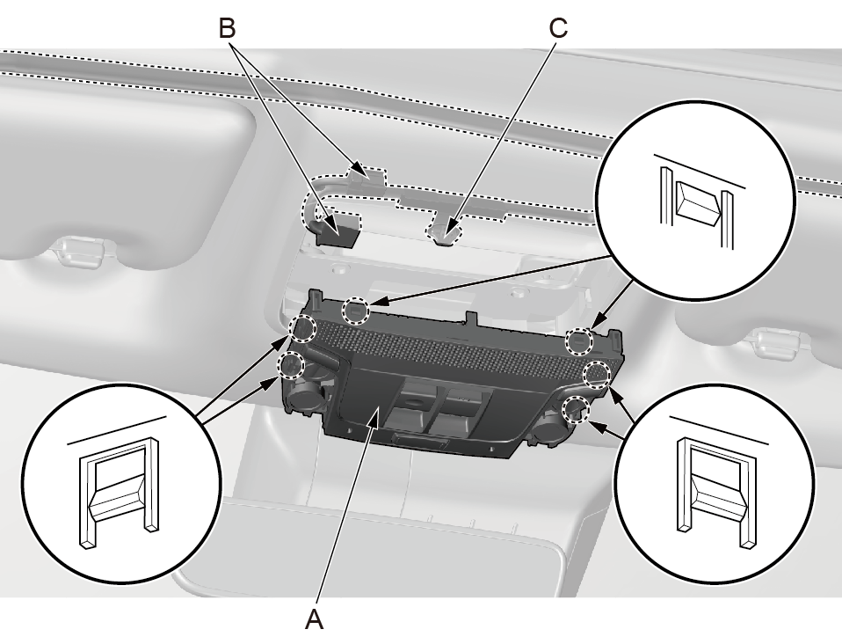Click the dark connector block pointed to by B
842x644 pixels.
[338, 231]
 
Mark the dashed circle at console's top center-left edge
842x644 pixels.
[355, 310]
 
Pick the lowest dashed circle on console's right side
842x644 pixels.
[576, 407]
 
